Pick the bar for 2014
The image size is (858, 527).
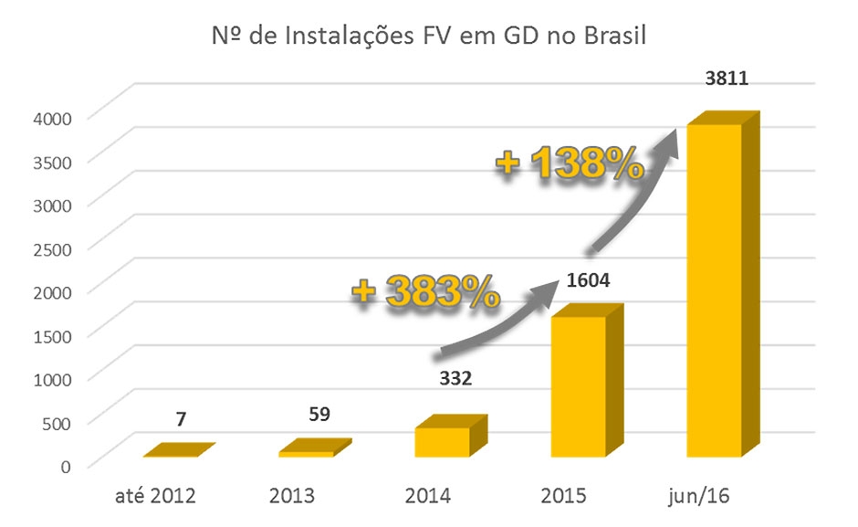tap(443, 440)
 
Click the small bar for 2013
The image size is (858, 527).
tap(307, 451)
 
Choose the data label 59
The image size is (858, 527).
tap(319, 414)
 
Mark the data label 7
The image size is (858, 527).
tap(183, 419)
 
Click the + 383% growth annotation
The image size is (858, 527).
tap(426, 290)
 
